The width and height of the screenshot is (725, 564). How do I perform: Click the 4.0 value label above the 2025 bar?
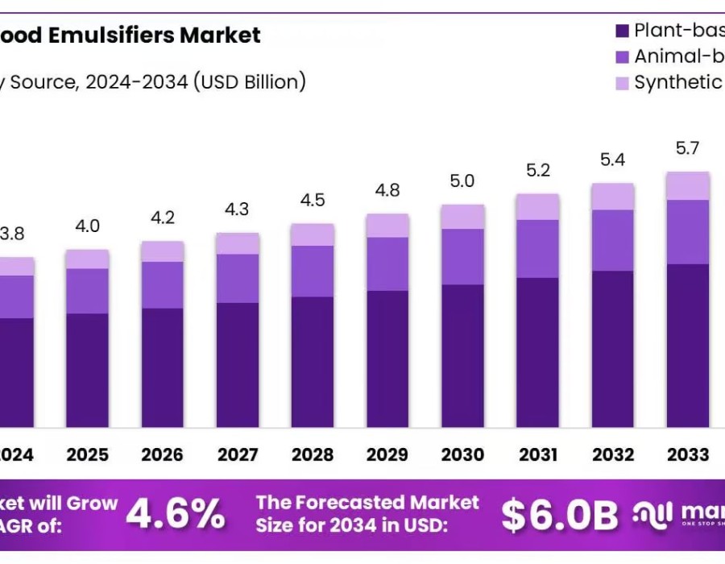click(x=87, y=226)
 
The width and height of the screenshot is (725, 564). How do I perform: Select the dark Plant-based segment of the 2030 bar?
click(x=462, y=355)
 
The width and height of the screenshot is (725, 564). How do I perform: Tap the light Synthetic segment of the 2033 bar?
click(x=687, y=186)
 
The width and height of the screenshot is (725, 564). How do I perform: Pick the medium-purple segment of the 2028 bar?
click(x=313, y=271)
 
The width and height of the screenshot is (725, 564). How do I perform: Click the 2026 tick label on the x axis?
click(x=163, y=455)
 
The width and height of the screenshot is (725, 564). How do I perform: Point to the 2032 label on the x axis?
click(x=612, y=455)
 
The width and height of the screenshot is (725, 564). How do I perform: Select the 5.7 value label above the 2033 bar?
click(x=687, y=148)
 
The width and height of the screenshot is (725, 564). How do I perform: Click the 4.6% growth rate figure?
click(x=176, y=514)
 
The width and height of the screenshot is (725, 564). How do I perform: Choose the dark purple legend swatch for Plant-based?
click(x=622, y=31)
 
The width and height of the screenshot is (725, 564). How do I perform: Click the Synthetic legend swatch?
click(x=622, y=82)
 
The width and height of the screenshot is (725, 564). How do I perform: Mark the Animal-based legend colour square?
click(x=622, y=57)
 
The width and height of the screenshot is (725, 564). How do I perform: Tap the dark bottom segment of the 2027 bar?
click(x=238, y=364)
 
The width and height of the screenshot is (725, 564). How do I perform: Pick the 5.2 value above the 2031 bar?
click(x=537, y=171)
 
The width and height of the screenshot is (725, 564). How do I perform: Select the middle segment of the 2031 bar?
click(x=537, y=249)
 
